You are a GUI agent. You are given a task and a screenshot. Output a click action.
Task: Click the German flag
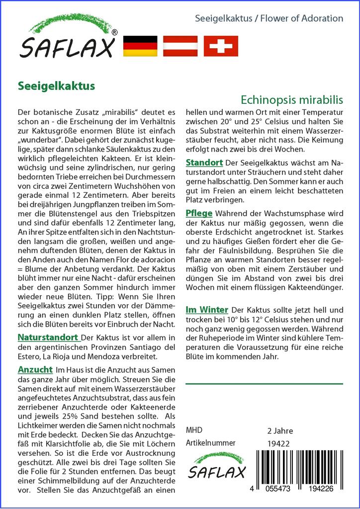pos(139,46)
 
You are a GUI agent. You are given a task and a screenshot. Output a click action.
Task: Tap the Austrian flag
pos(180,46)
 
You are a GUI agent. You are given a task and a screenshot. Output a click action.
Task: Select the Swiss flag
pos(221,46)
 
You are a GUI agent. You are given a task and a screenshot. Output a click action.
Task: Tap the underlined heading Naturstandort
pos(48,337)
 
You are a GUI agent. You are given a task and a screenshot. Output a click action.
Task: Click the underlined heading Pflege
pos(199,213)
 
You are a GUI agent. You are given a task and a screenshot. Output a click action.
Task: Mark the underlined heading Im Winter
pos(207,309)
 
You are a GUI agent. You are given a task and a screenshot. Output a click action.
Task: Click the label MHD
pos(194,430)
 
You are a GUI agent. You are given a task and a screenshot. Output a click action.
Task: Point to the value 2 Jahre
pos(280,430)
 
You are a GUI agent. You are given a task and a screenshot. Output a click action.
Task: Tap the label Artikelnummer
pos(209,443)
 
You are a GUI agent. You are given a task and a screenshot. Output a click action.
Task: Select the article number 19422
pos(278,443)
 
